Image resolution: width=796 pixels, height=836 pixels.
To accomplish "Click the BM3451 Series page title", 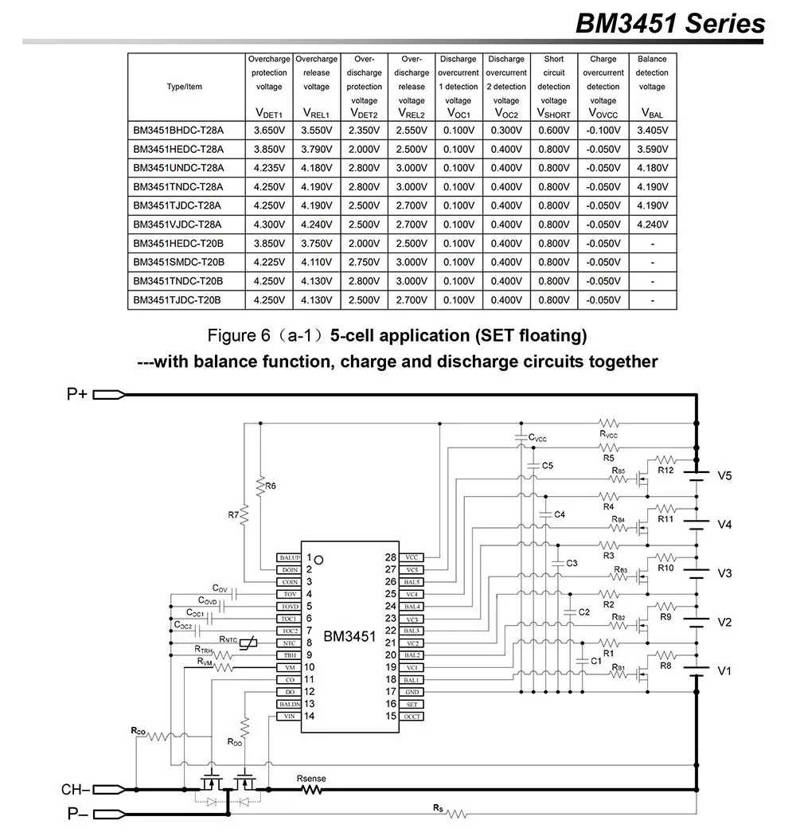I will click(x=670, y=23).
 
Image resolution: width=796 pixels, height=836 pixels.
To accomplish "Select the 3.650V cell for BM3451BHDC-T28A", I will click(x=269, y=130).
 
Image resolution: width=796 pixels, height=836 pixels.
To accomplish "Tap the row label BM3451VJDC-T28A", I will click(x=178, y=225).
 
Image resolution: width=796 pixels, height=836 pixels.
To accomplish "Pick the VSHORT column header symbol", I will click(x=554, y=114).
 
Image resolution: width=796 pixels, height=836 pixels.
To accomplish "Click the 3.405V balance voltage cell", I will click(x=652, y=130).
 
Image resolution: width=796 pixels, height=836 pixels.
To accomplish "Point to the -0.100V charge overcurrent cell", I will click(x=603, y=130).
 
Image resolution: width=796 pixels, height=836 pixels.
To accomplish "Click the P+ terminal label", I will click(x=77, y=394).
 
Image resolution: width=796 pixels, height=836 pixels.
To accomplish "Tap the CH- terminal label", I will click(x=76, y=790).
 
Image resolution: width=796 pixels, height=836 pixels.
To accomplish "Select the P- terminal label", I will click(x=77, y=814).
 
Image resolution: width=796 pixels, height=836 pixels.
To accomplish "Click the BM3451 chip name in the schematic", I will click(x=349, y=636).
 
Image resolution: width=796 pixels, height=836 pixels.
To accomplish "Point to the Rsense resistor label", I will click(x=310, y=778).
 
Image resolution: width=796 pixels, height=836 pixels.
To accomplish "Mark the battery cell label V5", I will click(x=724, y=476).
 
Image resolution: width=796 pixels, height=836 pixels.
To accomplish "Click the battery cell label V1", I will click(x=724, y=671).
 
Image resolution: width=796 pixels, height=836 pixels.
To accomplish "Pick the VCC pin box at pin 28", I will click(x=412, y=558).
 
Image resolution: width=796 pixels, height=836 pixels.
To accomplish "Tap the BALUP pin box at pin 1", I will click(x=288, y=558).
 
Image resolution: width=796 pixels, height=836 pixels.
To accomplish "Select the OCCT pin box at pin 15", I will click(x=412, y=717).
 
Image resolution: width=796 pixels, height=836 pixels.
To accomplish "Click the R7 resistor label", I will click(x=233, y=515).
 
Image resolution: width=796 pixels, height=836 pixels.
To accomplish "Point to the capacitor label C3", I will click(x=572, y=563).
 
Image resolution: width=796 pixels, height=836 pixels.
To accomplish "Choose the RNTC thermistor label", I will click(x=229, y=639).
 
